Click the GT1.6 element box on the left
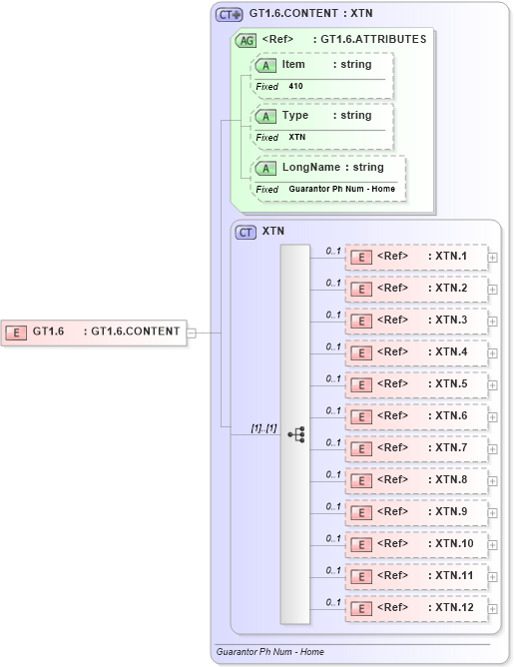point(96,332)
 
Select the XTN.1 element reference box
point(415,257)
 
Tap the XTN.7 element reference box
point(415,448)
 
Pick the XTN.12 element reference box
point(415,607)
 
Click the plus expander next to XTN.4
point(493,352)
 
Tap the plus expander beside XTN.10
point(493,544)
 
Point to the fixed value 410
point(295,87)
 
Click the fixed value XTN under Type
point(297,137)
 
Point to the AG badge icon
point(245,41)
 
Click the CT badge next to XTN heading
point(246,232)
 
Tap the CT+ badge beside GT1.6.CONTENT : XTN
point(230,15)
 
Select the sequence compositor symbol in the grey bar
point(295,434)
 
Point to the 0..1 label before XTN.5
point(333,378)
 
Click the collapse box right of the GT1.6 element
point(192,332)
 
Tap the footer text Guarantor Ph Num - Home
point(269,652)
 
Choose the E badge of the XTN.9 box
point(361,512)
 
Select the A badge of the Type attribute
point(266,116)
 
